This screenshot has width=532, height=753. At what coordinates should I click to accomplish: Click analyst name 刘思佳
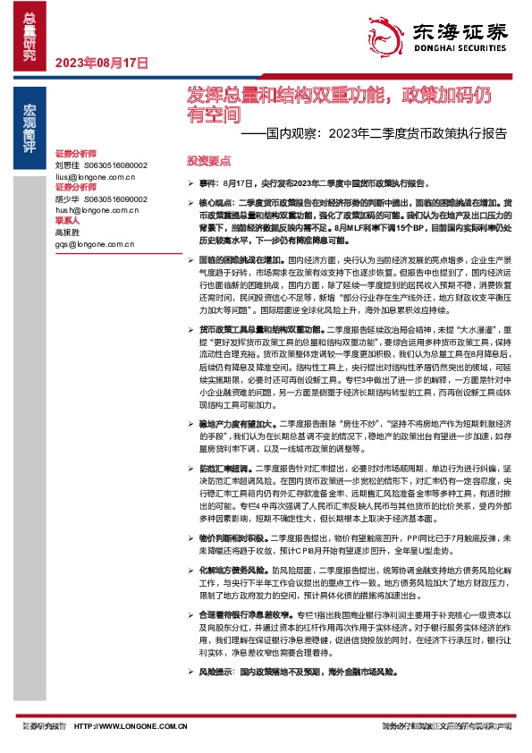point(67,166)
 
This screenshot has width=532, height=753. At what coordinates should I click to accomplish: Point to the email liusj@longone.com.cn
point(94,177)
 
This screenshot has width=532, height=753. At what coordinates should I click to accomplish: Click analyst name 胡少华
point(67,199)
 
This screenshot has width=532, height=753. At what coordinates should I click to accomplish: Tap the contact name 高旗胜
point(67,232)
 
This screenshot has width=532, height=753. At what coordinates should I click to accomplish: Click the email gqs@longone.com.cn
point(94,243)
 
